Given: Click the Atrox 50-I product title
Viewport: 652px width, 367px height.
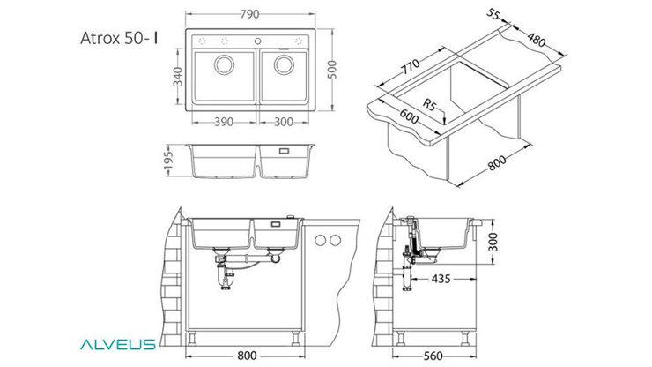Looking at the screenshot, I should [120, 40].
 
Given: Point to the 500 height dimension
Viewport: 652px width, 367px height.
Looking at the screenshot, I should [331, 69].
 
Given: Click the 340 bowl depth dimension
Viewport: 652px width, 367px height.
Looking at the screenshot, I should [178, 78].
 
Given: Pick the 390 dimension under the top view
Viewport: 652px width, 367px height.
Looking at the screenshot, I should [225, 122].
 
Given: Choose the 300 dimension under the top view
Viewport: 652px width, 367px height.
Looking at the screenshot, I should [284, 122].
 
